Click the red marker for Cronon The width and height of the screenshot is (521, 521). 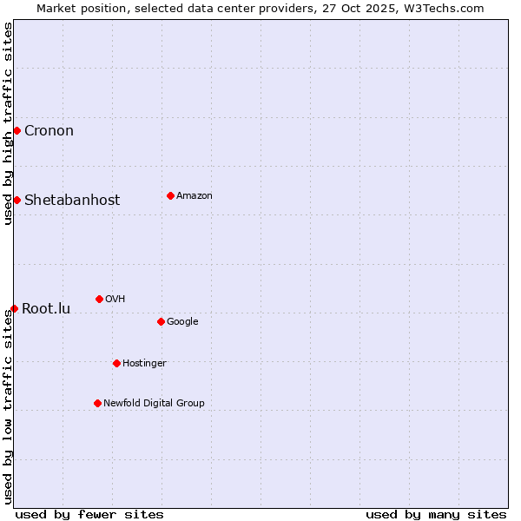point(16,130)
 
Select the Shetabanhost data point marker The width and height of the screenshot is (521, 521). point(16,200)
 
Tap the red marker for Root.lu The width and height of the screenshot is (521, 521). point(14,308)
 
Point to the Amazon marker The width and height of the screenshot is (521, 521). point(170,195)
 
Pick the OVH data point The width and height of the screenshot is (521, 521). point(99,299)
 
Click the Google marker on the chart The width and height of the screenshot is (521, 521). point(161,321)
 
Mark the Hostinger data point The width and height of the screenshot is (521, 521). point(116,363)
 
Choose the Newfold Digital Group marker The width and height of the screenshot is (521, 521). point(97,403)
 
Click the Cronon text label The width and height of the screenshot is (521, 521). point(49,131)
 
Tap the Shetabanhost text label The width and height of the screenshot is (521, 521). point(72,201)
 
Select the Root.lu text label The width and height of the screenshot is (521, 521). point(46,309)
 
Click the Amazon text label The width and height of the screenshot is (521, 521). point(195,196)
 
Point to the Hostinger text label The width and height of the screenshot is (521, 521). point(144,364)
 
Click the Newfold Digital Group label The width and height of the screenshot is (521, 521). point(154,404)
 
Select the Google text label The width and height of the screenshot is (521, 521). point(182,322)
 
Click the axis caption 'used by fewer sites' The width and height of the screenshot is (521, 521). point(89,514)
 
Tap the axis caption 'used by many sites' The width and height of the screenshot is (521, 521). point(436,514)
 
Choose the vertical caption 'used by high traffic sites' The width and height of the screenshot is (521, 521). point(8,123)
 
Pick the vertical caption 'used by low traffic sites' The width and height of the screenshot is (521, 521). point(8,406)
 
